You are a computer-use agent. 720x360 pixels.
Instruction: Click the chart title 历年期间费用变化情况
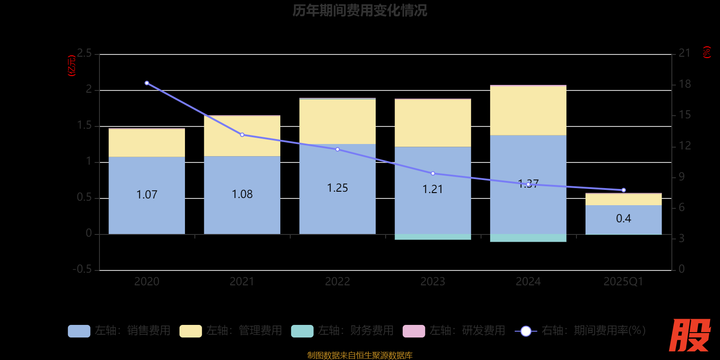(x=360, y=10)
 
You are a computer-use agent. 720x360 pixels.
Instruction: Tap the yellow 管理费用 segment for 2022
(x=337, y=121)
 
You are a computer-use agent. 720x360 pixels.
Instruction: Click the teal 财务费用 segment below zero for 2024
(x=528, y=238)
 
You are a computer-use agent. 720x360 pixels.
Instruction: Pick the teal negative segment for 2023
(x=432, y=237)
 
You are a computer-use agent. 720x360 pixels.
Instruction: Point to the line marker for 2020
(x=147, y=83)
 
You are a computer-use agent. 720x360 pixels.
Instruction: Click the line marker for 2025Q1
(x=623, y=190)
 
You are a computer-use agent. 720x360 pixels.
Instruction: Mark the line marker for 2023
(x=433, y=174)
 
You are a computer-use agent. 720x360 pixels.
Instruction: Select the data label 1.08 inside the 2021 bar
(x=242, y=194)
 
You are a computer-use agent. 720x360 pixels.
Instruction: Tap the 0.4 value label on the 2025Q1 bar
(x=623, y=219)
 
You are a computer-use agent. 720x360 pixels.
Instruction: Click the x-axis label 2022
(x=337, y=282)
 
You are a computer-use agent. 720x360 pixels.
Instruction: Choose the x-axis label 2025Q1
(x=623, y=282)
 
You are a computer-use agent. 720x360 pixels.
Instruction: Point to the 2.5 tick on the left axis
(x=84, y=54)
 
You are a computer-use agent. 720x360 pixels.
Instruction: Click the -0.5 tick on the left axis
(x=82, y=269)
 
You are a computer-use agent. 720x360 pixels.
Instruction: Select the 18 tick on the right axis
(x=684, y=84)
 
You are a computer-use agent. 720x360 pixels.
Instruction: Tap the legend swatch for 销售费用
(x=79, y=331)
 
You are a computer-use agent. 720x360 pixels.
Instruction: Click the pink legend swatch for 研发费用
(x=414, y=331)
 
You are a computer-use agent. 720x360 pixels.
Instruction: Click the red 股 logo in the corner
(x=689, y=335)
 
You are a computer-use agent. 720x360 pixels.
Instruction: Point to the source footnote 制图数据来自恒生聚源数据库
(x=360, y=355)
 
